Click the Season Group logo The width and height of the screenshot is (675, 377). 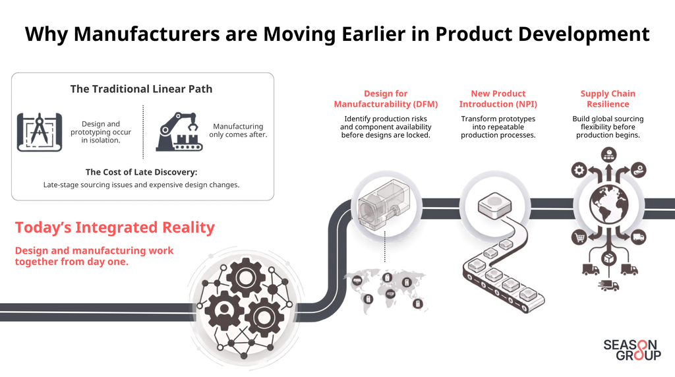click(x=632, y=350)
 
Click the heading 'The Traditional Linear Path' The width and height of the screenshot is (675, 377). click(x=141, y=89)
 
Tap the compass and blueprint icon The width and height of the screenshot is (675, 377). click(x=40, y=132)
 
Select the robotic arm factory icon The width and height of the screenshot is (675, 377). click(x=179, y=132)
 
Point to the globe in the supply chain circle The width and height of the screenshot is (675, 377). click(x=608, y=204)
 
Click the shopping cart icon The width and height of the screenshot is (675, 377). click(x=579, y=237)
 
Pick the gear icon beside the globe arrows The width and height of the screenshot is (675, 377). click(x=579, y=170)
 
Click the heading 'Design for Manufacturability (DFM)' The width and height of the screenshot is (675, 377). click(x=386, y=99)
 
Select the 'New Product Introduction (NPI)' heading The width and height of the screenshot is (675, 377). click(x=498, y=99)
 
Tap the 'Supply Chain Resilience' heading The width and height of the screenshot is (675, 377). click(x=608, y=99)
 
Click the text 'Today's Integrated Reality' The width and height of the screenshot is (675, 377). click(x=115, y=227)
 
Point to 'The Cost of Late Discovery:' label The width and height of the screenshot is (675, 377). click(x=141, y=172)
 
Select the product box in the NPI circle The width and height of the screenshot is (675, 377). click(x=494, y=204)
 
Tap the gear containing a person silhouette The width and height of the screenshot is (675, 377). click(x=224, y=309)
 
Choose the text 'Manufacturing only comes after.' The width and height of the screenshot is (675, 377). click(x=238, y=130)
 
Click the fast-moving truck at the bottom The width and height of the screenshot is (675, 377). click(x=608, y=285)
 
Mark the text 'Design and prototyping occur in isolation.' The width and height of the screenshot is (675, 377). click(x=101, y=132)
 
